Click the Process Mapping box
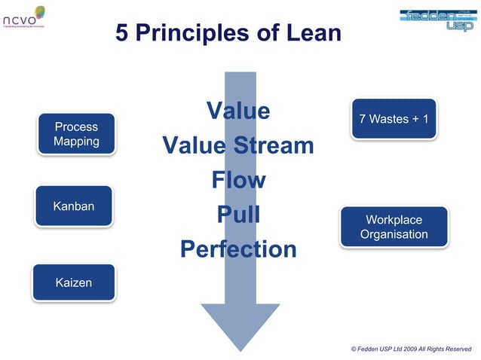(x=76, y=134)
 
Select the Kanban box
(x=73, y=206)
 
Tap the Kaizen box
(x=73, y=282)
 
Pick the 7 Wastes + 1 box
(x=394, y=119)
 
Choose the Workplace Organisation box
(x=394, y=227)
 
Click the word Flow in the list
(x=239, y=180)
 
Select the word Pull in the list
(x=238, y=215)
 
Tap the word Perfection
(x=238, y=249)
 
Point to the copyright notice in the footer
(x=411, y=349)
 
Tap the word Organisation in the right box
(x=394, y=234)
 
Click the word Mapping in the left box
(x=76, y=142)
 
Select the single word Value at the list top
(x=238, y=111)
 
